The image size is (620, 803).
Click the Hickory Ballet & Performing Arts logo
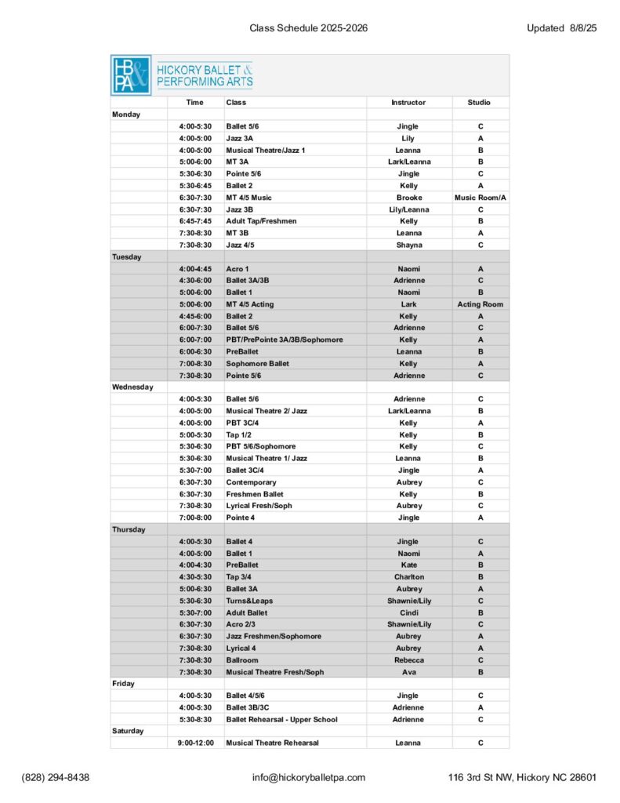point(182,75)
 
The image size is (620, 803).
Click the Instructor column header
point(408,103)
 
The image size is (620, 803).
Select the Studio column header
point(480,103)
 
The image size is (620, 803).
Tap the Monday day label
point(126,114)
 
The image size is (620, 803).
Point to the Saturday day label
point(128,731)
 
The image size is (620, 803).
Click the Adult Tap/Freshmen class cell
point(261,221)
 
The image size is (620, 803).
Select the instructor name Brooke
point(408,198)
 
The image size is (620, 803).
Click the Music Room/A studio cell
point(480,198)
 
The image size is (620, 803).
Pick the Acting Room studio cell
point(480,304)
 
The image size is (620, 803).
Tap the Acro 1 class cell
point(237,268)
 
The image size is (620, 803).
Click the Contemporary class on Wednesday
point(251,482)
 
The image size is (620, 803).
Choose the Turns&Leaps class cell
point(249,601)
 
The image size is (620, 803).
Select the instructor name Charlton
point(408,577)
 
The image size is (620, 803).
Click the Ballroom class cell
point(242,660)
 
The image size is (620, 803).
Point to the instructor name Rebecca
point(408,660)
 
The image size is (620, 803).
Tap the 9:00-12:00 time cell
point(196,743)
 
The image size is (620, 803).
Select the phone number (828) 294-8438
point(55,778)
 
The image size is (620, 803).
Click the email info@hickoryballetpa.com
point(309,778)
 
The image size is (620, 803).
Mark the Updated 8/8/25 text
point(562,28)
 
